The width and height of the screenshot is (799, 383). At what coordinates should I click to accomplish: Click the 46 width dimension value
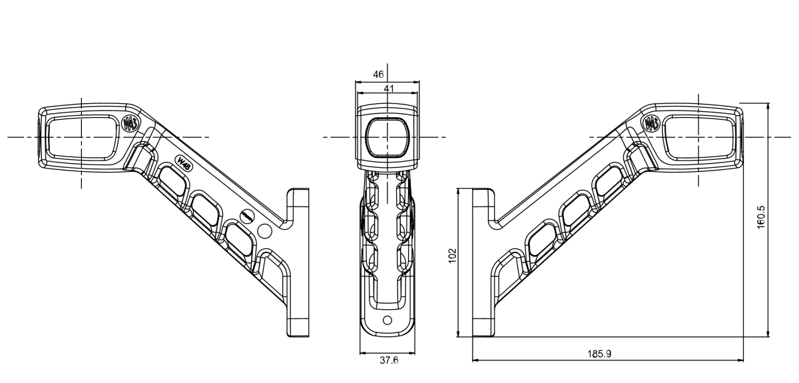point(378,75)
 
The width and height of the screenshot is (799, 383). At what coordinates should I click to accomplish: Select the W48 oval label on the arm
point(184,163)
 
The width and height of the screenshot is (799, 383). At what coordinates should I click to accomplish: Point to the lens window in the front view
point(387,137)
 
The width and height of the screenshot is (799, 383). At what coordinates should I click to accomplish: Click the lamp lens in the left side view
point(81,137)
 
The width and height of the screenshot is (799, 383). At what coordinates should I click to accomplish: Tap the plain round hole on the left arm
point(264,232)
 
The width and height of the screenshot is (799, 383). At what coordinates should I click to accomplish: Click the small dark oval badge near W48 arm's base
point(246,216)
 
